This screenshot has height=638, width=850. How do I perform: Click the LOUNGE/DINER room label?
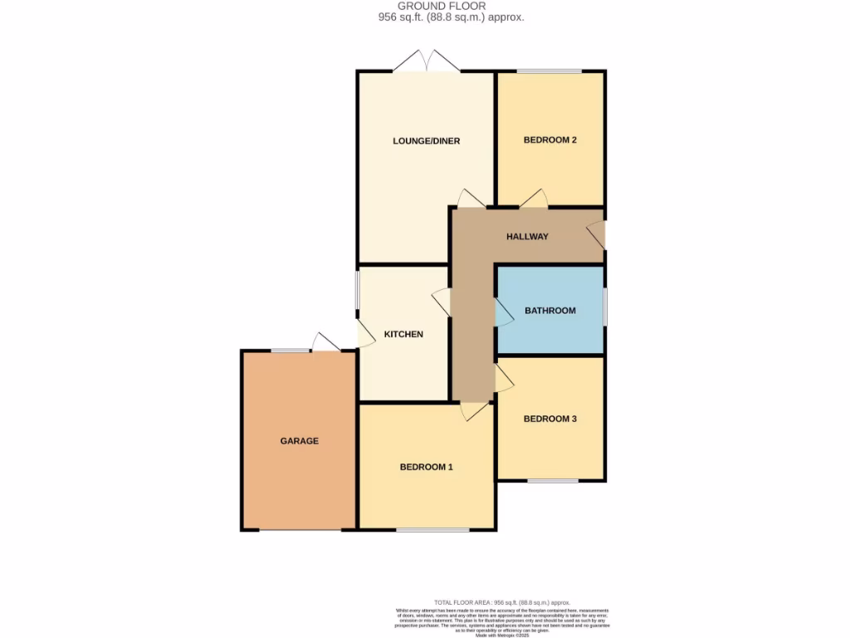[426, 141]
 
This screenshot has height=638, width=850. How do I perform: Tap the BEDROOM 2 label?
[550, 140]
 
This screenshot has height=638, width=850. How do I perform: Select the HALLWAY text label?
[527, 237]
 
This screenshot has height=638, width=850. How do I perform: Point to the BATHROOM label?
[550, 311]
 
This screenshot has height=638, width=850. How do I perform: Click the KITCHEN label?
[403, 335]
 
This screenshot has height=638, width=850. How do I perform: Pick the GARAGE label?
[299, 441]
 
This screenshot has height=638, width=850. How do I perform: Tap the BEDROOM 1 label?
[426, 467]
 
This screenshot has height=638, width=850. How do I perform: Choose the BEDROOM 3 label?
[550, 420]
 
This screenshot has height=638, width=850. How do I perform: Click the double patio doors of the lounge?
[427, 62]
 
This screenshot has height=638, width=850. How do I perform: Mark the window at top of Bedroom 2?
[550, 71]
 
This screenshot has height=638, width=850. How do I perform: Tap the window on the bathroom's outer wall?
[604, 307]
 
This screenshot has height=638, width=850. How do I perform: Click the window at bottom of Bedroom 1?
[432, 529]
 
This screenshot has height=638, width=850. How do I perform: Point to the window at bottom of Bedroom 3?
[553, 480]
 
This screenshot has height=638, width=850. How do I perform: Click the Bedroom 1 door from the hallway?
[476, 410]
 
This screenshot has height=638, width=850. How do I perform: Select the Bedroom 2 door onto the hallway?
[535, 199]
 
